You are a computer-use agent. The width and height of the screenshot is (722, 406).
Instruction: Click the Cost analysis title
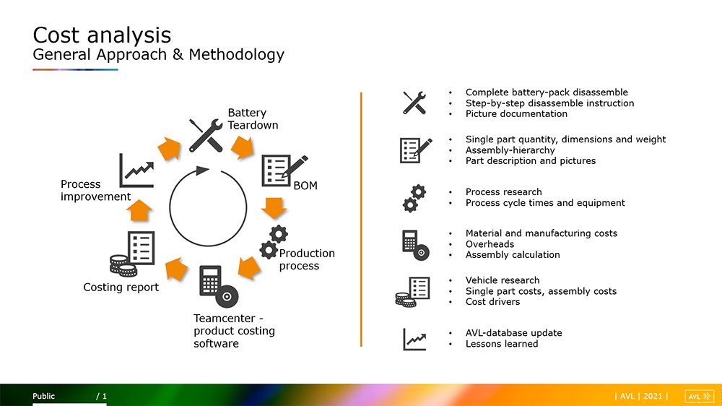(102, 35)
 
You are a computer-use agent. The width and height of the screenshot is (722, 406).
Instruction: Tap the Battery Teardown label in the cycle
(253, 119)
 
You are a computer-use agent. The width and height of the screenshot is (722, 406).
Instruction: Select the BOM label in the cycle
(305, 186)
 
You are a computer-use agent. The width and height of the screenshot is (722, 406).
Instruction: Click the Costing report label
(121, 287)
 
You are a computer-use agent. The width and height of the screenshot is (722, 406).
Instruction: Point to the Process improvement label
(96, 190)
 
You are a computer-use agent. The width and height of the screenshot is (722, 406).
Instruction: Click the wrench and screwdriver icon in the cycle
(206, 135)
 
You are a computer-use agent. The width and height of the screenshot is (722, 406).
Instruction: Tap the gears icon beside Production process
(274, 242)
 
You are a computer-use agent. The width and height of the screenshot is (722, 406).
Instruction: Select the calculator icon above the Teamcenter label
(219, 286)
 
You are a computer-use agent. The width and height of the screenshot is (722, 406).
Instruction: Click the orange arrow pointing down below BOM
(274, 208)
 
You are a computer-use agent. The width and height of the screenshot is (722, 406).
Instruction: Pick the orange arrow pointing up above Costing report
(139, 211)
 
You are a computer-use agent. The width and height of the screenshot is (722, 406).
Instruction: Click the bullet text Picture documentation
(516, 114)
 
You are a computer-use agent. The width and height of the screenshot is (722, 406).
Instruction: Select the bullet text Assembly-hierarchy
(510, 150)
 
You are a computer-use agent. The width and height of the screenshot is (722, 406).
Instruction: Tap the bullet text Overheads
(490, 244)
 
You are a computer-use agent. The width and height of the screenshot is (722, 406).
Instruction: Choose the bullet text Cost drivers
(492, 302)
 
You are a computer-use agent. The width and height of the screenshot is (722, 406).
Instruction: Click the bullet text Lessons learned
(502, 344)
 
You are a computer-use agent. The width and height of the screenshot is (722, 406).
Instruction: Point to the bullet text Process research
(503, 191)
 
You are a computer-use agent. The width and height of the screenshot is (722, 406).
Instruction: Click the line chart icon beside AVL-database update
(414, 340)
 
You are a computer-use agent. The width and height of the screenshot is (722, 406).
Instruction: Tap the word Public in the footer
(43, 396)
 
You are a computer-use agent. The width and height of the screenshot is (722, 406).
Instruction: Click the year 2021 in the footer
(653, 396)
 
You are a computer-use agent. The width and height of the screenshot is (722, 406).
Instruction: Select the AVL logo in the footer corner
(700, 397)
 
